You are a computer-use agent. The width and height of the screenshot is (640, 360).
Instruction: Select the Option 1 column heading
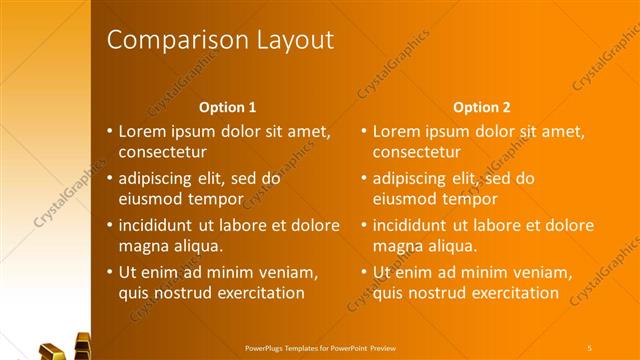pyautogui.click(x=228, y=106)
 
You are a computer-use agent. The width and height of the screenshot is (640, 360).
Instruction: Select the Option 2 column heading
pyautogui.click(x=481, y=106)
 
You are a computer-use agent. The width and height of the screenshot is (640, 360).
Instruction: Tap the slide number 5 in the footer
pyautogui.click(x=590, y=346)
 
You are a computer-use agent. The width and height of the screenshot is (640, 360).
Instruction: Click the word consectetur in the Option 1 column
pyautogui.click(x=163, y=153)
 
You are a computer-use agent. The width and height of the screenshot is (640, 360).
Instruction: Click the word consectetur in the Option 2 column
pyautogui.click(x=417, y=153)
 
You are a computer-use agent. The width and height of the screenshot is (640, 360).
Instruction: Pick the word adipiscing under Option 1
pyautogui.click(x=161, y=178)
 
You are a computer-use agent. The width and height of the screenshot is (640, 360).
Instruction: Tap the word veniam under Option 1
pyautogui.click(x=289, y=272)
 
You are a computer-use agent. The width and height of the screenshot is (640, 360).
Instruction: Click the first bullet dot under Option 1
pyautogui.click(x=109, y=131)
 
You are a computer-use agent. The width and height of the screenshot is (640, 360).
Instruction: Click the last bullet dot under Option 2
pyautogui.click(x=364, y=272)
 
